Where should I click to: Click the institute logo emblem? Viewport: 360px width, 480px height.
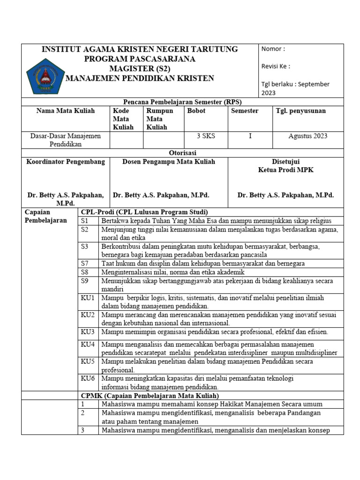[x=45, y=75]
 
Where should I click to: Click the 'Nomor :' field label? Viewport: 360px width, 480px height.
[x=273, y=49]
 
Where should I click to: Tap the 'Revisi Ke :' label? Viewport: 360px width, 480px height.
[x=276, y=66]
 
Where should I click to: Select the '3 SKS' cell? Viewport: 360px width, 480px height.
[x=205, y=136]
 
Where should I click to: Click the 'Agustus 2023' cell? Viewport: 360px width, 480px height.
[x=307, y=136]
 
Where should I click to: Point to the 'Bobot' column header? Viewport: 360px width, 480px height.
[x=196, y=111]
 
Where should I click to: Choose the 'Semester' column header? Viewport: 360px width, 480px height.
[x=245, y=111]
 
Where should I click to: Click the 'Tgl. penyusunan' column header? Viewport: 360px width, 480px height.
[x=301, y=111]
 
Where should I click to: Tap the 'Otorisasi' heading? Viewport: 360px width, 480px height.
[x=182, y=153]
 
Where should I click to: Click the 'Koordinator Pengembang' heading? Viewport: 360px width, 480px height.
[x=66, y=162]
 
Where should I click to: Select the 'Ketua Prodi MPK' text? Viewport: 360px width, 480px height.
[x=286, y=170]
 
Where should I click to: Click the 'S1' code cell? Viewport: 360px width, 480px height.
[x=85, y=221]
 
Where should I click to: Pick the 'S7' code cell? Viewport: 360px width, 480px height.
[x=85, y=263]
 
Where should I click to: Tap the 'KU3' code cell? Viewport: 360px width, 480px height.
[x=88, y=332]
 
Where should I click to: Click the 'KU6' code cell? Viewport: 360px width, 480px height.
[x=88, y=378]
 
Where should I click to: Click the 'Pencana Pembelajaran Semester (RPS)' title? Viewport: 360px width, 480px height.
[x=182, y=102]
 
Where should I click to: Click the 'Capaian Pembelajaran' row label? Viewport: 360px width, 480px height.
[x=45, y=216]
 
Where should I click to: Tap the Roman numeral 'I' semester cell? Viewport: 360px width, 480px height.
[x=250, y=136]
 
